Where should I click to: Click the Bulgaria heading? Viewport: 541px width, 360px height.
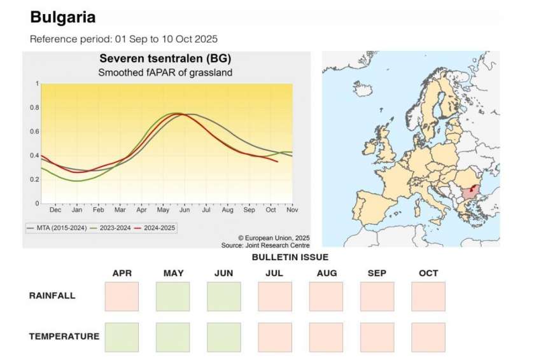62,17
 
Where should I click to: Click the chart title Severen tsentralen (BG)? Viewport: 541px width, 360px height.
165,59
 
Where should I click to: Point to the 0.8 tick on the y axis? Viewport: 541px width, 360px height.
36,107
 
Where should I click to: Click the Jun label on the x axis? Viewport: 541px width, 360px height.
184,209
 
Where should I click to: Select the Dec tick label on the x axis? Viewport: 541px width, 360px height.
55,209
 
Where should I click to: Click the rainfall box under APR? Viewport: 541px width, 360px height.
122,296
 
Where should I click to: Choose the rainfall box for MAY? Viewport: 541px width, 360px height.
172,296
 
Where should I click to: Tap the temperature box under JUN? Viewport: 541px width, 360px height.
224,337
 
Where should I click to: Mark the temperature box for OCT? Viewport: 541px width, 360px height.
428,337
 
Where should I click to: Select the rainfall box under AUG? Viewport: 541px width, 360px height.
326,296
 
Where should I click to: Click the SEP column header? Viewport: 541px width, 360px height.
377,273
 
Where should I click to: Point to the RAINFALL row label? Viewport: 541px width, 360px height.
52,296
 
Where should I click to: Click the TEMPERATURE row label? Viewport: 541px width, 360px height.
64,336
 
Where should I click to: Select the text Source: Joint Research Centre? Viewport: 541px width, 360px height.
265,245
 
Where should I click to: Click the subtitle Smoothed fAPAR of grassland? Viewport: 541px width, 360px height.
165,73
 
